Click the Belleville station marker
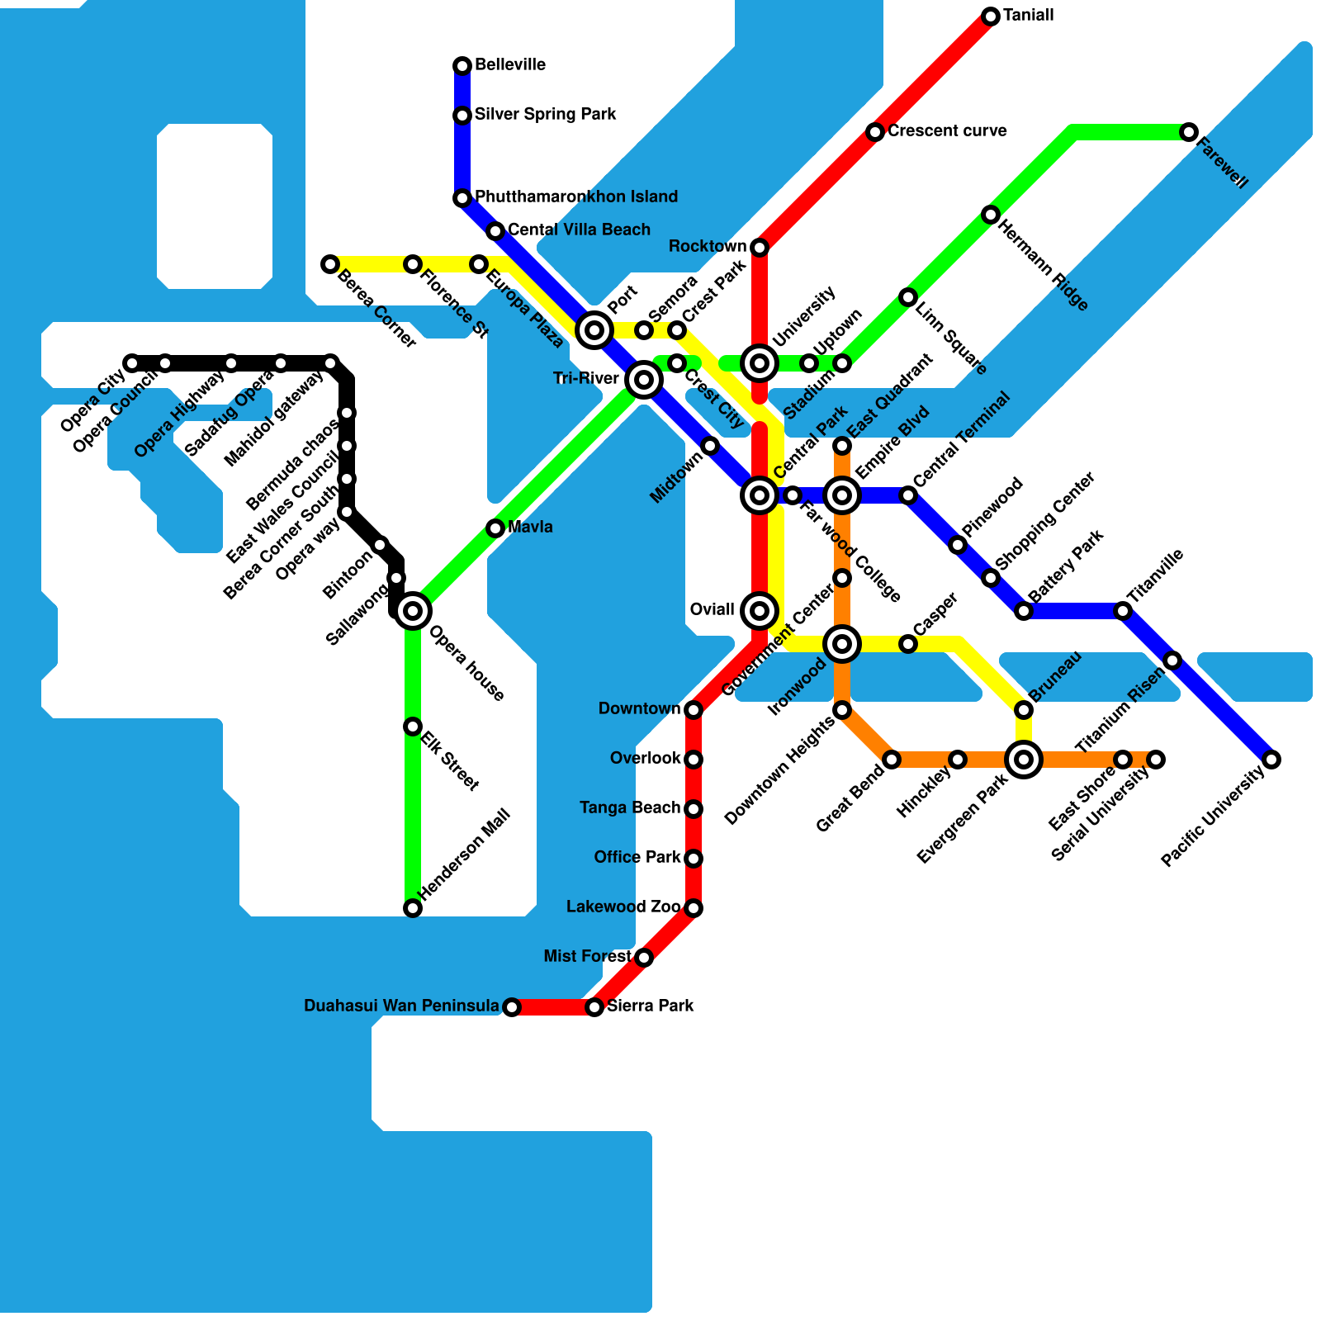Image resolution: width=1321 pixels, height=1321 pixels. point(462,66)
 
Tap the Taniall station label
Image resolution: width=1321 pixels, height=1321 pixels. point(1028,16)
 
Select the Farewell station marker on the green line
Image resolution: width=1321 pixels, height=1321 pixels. point(1189,132)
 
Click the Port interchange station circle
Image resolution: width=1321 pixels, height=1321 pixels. point(594,330)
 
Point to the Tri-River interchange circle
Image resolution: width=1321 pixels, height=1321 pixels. point(644,380)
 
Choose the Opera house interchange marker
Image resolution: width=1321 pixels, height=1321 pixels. point(413,611)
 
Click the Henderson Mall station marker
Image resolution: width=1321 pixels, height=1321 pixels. point(413,908)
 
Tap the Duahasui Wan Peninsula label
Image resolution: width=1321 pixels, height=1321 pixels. point(401,1006)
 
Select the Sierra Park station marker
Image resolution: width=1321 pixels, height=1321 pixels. point(594,1007)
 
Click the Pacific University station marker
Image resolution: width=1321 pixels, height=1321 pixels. point(1271,760)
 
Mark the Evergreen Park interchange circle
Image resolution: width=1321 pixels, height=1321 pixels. point(1024,760)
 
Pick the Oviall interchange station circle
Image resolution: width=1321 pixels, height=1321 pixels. point(760,611)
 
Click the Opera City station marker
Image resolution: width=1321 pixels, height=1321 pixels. point(132,363)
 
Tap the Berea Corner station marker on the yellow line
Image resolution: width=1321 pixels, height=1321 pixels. point(330,264)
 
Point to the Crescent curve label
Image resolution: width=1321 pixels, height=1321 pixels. point(947,131)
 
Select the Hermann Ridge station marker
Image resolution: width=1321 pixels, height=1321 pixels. point(991,215)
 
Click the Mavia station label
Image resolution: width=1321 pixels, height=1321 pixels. point(530,528)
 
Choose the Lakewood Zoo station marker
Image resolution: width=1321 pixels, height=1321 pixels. point(694,908)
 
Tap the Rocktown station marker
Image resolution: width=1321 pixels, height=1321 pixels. point(760,248)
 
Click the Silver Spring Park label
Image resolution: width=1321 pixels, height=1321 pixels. point(545,115)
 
